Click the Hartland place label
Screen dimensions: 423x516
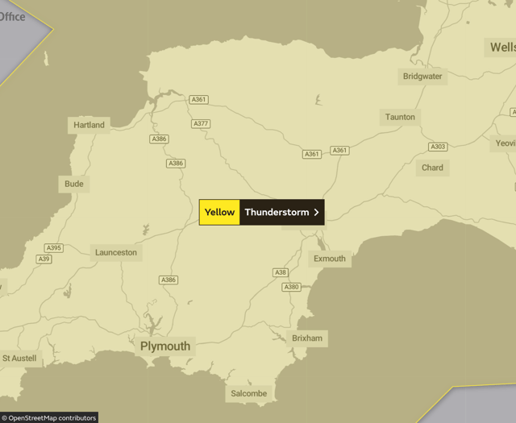(x=89, y=125)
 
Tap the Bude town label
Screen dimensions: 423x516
(x=73, y=184)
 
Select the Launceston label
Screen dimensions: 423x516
(x=116, y=252)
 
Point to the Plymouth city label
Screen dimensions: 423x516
(x=165, y=346)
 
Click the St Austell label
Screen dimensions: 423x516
(x=19, y=358)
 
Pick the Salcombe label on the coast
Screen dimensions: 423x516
(x=248, y=393)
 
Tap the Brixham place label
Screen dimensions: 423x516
(x=307, y=338)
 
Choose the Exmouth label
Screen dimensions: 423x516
(x=329, y=259)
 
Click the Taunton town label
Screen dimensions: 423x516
(x=400, y=117)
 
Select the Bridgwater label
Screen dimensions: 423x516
(x=422, y=77)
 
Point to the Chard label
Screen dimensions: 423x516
(x=432, y=168)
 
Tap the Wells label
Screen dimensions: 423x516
(x=501, y=48)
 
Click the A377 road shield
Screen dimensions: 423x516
(x=201, y=124)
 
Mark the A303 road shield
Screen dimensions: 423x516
(x=438, y=147)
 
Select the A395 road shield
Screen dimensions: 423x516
(x=54, y=248)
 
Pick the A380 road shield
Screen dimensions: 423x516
(x=291, y=287)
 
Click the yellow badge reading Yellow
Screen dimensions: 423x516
(x=219, y=213)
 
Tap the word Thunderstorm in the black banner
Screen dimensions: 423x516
(x=277, y=213)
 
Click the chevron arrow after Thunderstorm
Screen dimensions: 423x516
(x=316, y=213)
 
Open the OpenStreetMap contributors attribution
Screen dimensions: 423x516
(x=49, y=417)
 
